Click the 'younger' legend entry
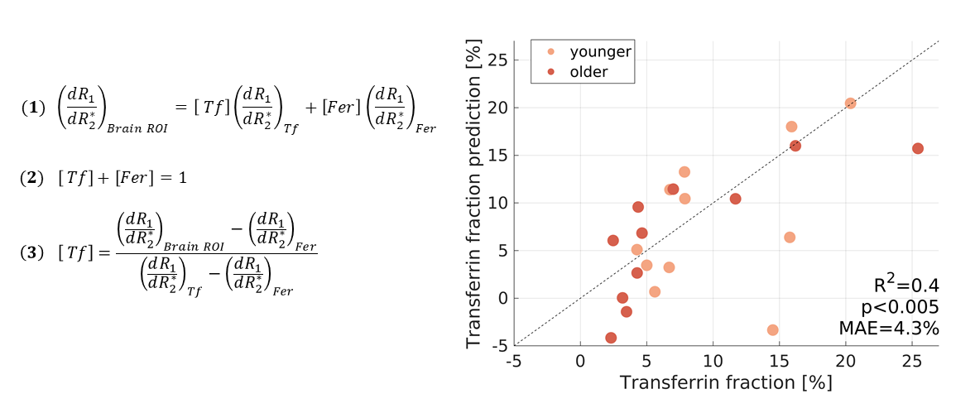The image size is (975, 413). tap(600, 51)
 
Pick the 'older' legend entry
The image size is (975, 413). tap(589, 72)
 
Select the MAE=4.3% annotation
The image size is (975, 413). tap(889, 329)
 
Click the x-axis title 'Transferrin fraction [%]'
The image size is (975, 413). tap(726, 383)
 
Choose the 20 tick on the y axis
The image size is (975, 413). tap(497, 108)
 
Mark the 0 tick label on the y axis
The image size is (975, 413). tap(501, 298)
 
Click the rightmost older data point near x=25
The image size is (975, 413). tap(918, 149)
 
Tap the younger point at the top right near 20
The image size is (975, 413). tap(850, 103)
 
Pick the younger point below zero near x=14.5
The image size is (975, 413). tap(773, 329)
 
